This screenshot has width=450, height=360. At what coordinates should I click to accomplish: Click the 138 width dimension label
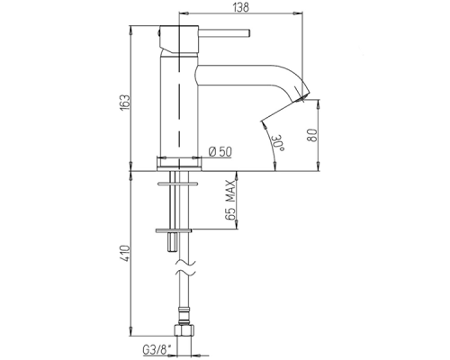click(x=240, y=7)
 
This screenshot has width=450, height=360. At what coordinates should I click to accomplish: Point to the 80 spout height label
click(x=312, y=136)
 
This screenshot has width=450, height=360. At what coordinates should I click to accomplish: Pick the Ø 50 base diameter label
click(x=220, y=152)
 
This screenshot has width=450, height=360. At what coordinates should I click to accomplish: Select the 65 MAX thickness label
click(x=230, y=201)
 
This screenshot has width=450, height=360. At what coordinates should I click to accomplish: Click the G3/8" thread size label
click(x=157, y=350)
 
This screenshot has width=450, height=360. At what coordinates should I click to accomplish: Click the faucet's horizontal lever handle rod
click(x=224, y=33)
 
